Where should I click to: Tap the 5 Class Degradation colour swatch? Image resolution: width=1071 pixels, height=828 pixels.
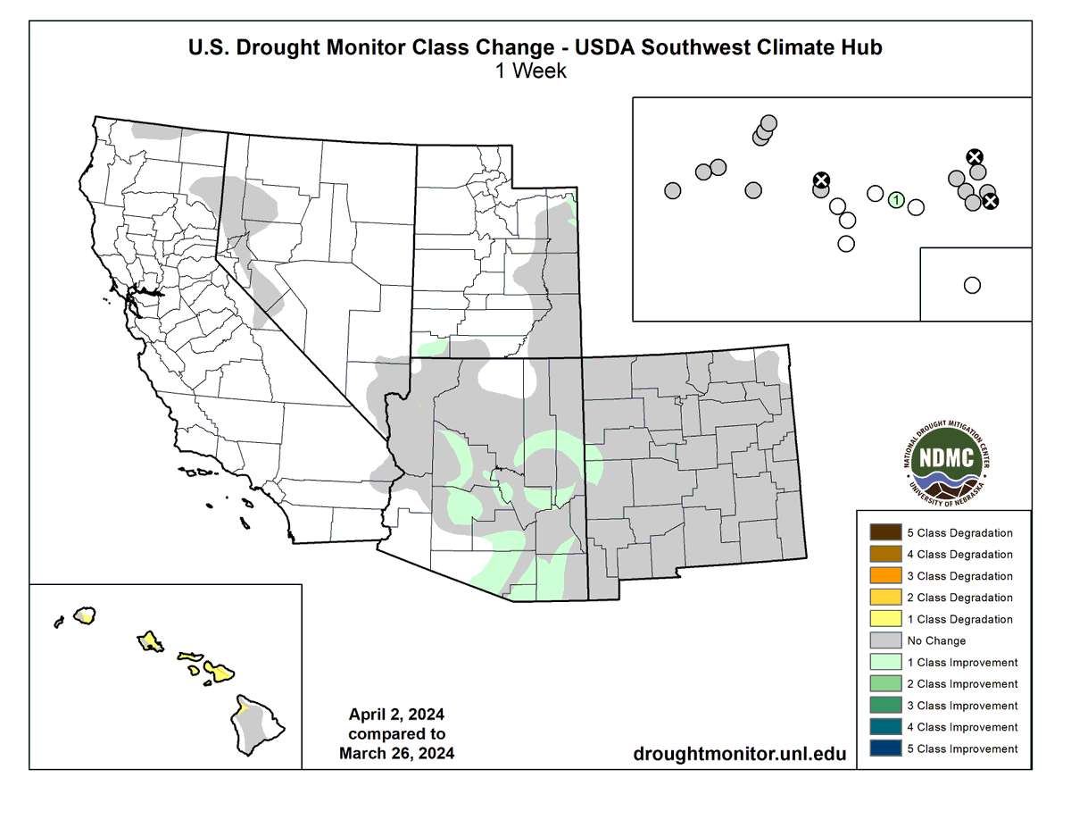point(881,533)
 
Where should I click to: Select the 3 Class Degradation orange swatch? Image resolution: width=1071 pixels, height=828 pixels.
point(881,576)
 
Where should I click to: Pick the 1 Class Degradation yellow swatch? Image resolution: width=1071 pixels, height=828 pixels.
point(881,619)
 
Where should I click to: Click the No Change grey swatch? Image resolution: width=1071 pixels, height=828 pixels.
point(881,640)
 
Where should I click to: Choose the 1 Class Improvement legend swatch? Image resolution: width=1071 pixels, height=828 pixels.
point(881,662)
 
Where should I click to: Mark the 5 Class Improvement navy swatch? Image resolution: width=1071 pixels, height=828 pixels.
point(881,749)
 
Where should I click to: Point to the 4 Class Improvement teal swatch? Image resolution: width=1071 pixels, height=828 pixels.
point(881,727)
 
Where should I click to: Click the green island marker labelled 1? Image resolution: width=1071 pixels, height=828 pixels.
point(896,200)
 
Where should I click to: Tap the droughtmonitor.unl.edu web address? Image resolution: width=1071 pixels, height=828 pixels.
point(739,754)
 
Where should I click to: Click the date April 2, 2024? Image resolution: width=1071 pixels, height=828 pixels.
point(396,715)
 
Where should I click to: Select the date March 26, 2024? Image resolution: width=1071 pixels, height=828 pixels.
point(396,753)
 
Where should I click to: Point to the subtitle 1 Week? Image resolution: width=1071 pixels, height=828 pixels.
point(532,71)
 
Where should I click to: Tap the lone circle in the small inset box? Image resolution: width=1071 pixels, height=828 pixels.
point(972,285)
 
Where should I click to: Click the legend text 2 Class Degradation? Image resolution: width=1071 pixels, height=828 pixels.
point(959,598)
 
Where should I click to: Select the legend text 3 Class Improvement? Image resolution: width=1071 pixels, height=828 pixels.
point(962,706)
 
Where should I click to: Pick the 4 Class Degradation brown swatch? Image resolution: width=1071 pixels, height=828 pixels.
point(881,555)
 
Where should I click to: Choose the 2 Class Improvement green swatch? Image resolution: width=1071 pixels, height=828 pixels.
point(881,684)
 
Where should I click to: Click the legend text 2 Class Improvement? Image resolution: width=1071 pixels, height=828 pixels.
point(962,684)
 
